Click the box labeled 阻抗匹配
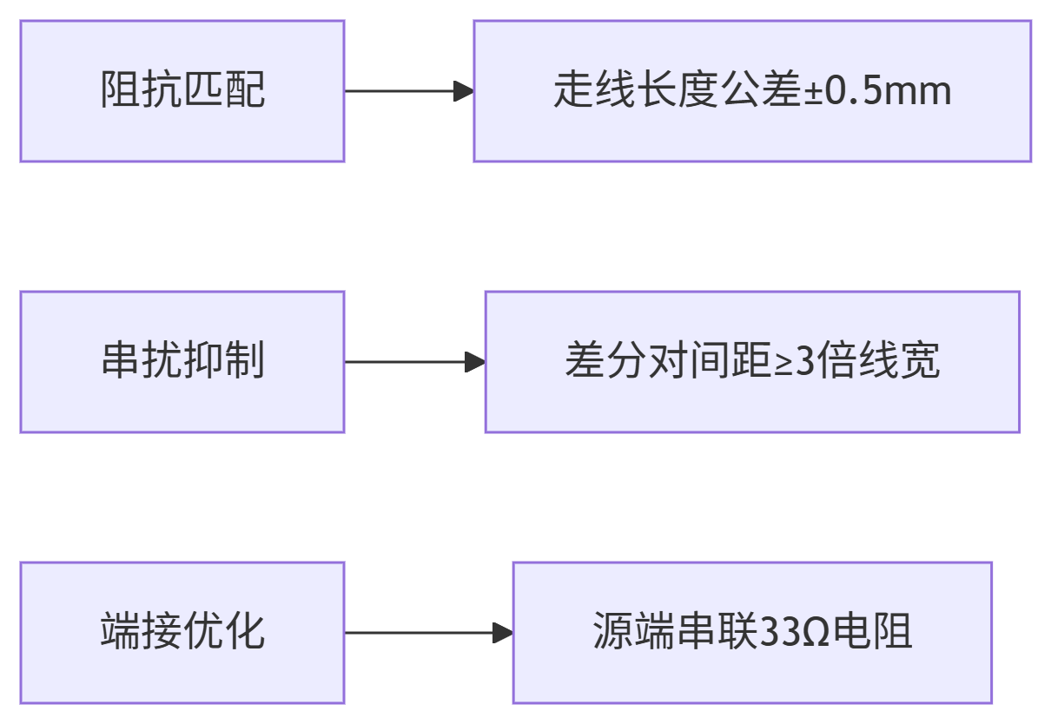tap(182, 91)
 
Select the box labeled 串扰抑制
tap(182, 362)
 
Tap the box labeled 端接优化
tap(182, 633)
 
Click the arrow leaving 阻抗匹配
tap(409, 91)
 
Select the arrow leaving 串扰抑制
tap(414, 362)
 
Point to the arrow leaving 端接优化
tap(428, 633)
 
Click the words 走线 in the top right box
tap(594, 91)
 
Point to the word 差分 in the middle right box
tap(605, 361)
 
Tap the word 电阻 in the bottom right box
tap(873, 632)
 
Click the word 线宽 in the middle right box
tap(900, 361)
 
